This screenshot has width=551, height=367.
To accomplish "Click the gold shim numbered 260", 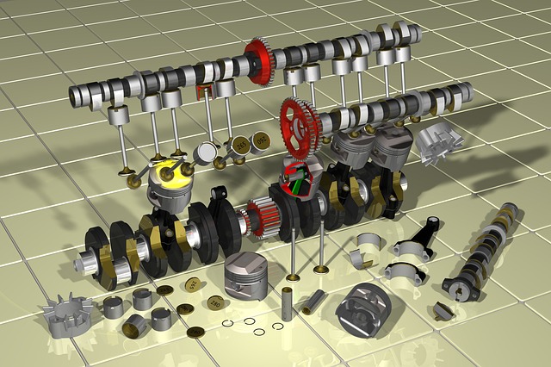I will point(214,302).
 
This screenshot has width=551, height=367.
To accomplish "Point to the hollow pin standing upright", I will point(288,307).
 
